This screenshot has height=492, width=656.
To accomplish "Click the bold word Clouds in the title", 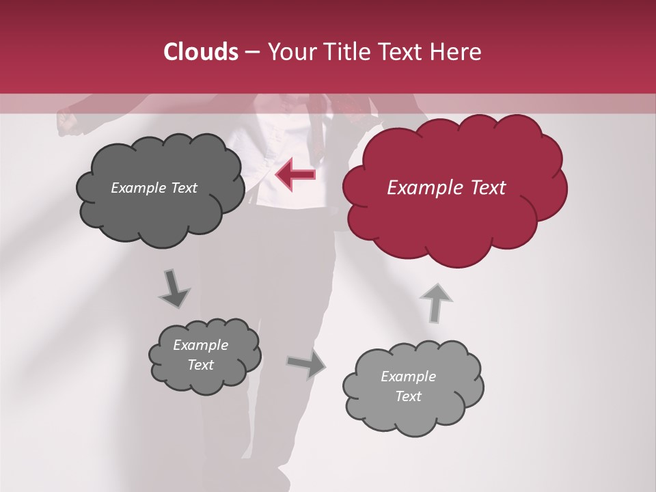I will tap(201, 52).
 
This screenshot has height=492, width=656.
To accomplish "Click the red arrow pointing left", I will tap(295, 175).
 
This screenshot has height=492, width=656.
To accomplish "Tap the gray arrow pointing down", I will tap(174, 289).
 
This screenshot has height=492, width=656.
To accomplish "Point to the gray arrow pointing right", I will tap(305, 364).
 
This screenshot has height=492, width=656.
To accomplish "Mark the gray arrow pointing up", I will tap(435, 302).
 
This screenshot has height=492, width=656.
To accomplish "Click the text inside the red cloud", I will tap(446, 188).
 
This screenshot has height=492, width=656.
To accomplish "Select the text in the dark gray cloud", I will tap(154, 188).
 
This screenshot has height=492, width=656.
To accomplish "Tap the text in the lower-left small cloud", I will tap(201, 355).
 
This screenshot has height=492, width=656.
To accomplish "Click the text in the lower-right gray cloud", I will tap(409, 386).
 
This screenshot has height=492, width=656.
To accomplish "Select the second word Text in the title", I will tap(403, 52).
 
